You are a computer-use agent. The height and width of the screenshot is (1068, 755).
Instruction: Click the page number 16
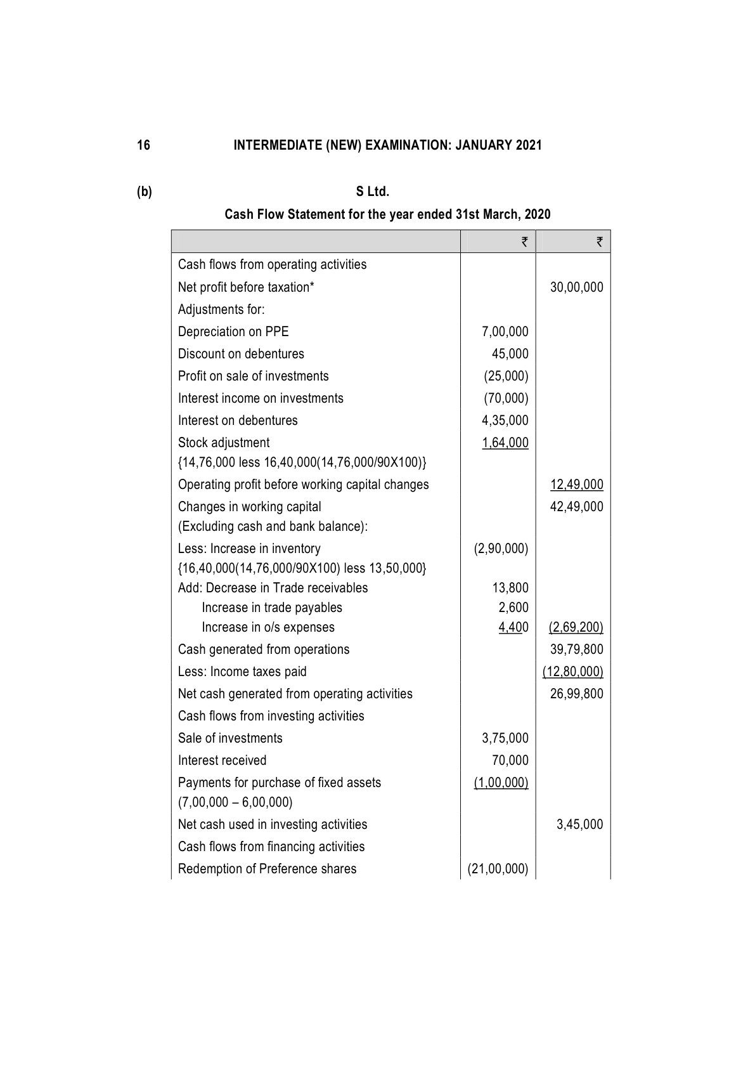click(x=144, y=145)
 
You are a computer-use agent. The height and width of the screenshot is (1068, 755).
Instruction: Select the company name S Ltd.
click(x=373, y=191)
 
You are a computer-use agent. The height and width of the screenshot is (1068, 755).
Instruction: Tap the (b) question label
click(x=145, y=191)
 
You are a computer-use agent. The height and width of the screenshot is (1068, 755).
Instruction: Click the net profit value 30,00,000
click(x=576, y=287)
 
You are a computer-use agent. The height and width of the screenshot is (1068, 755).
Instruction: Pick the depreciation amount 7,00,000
click(x=505, y=332)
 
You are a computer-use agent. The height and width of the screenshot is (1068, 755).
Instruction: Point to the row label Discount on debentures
click(x=241, y=354)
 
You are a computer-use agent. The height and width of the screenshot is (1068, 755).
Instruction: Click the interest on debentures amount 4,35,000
click(x=505, y=420)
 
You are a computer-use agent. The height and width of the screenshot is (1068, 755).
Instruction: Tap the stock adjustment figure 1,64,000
click(x=505, y=443)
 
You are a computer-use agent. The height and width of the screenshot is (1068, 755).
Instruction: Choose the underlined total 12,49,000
click(x=576, y=485)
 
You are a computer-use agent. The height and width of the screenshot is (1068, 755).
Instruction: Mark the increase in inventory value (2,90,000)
click(x=501, y=549)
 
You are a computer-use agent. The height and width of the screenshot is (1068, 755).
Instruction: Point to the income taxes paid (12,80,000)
click(x=572, y=672)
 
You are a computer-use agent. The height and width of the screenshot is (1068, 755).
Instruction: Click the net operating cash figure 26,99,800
click(x=576, y=694)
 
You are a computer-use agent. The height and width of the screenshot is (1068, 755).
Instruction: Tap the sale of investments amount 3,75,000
click(x=505, y=738)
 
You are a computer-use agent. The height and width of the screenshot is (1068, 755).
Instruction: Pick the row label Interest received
click(x=222, y=760)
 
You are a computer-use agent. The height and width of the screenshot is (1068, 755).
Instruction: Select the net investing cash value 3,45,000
click(x=579, y=824)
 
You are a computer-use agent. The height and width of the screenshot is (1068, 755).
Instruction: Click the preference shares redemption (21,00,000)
click(x=498, y=869)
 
